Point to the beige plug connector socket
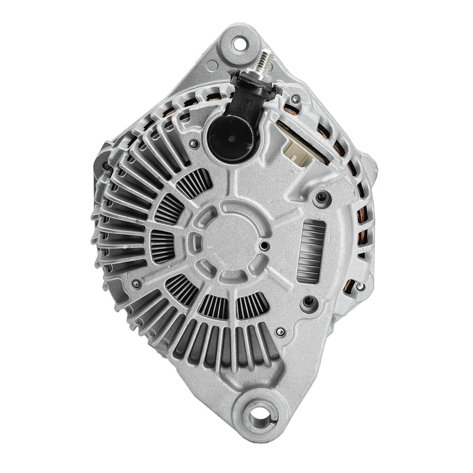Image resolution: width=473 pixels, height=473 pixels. (294, 151)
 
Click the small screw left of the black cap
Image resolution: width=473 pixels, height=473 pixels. (193, 142)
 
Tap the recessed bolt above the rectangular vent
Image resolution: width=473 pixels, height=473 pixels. (321, 197)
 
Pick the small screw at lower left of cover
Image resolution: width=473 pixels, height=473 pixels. (135, 284)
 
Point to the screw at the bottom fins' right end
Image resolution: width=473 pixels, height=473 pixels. (280, 332)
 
